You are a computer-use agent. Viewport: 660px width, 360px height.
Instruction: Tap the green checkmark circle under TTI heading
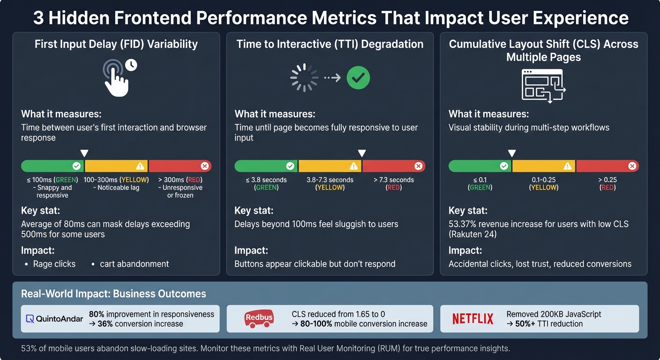[x=358, y=78]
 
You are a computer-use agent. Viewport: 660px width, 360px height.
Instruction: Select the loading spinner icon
[x=304, y=78]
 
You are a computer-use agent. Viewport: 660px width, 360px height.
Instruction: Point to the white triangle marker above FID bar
[x=84, y=153]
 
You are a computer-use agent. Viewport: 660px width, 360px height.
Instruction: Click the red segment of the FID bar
[x=180, y=166]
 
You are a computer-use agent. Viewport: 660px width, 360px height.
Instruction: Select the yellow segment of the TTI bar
[x=330, y=166]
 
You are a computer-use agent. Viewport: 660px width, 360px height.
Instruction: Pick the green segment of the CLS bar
[x=480, y=166]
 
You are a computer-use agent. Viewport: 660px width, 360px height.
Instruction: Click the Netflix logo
[x=472, y=319]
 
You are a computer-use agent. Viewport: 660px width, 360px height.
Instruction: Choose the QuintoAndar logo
[x=54, y=319]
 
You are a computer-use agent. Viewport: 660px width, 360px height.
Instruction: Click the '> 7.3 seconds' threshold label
[x=394, y=180]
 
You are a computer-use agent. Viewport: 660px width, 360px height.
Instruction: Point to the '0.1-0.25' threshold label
[x=544, y=180]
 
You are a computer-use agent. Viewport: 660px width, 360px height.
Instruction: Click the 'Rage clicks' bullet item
[x=54, y=264]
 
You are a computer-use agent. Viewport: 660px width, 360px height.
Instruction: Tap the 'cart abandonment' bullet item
[x=134, y=264]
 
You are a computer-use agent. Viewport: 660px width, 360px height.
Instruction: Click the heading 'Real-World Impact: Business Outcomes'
[x=113, y=294]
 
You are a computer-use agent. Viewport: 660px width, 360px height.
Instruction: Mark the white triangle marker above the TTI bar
[x=362, y=153]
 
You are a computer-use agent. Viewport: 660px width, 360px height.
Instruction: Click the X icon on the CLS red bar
[x=632, y=166]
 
